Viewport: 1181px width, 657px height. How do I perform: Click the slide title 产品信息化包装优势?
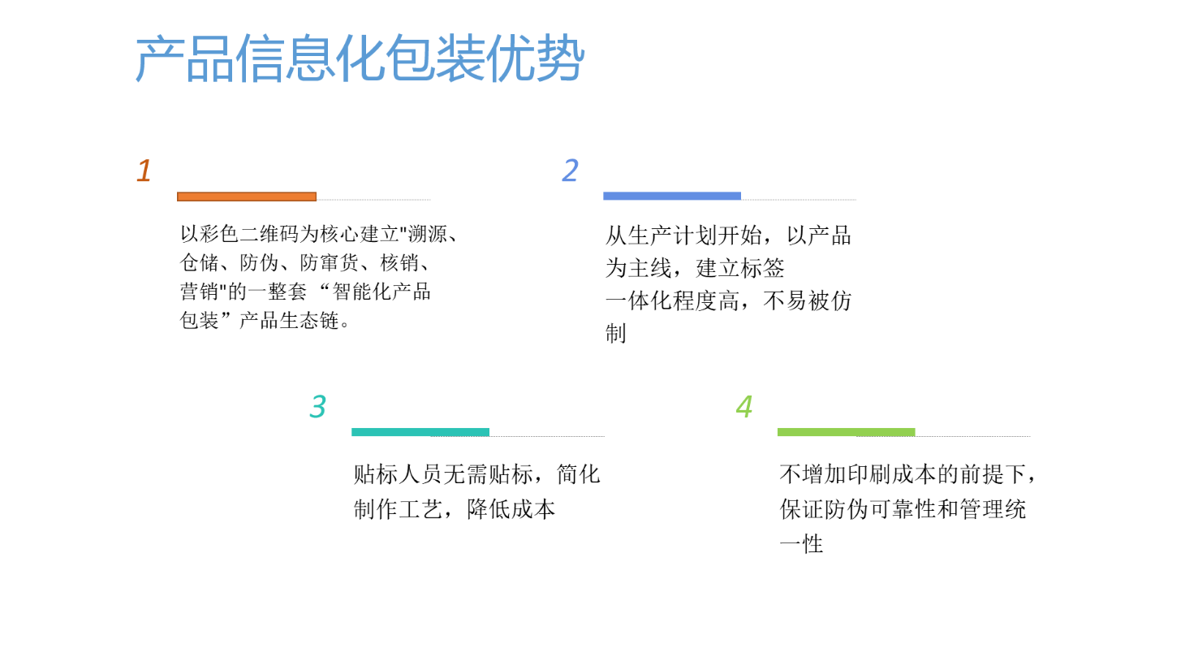click(360, 58)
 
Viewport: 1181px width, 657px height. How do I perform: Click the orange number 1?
click(144, 171)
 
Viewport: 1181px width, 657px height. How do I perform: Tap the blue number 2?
click(570, 171)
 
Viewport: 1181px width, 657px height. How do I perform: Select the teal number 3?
click(317, 406)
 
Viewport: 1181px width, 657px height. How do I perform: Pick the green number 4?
click(744, 406)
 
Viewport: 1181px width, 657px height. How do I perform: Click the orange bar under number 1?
click(247, 197)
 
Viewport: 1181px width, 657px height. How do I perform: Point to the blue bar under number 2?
click(672, 197)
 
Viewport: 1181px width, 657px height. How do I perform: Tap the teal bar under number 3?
click(420, 432)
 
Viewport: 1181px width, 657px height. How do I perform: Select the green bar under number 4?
click(847, 432)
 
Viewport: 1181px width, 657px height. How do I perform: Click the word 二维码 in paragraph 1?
click(269, 234)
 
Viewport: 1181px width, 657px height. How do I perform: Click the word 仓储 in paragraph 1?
click(200, 262)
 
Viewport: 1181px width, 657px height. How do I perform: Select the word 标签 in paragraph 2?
click(762, 268)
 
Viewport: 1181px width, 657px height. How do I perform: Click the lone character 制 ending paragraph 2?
click(616, 334)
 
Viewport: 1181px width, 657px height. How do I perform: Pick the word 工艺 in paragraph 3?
click(420, 508)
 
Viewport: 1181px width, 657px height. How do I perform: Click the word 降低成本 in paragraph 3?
click(511, 508)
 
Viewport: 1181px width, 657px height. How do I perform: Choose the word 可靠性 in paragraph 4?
click(903, 508)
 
